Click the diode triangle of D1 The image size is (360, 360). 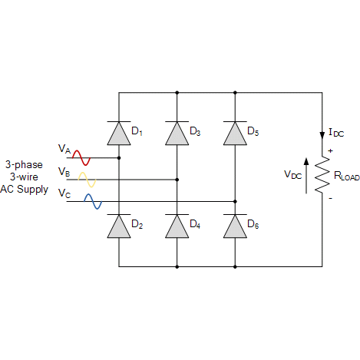coord(119,134)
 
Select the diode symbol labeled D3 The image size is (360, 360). coord(177,134)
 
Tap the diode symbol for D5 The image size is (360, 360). coord(235,134)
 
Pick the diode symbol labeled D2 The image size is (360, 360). coord(119,226)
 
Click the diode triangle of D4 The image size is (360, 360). coord(177,226)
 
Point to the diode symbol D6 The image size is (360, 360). coord(235,226)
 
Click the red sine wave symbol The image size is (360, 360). coord(81,158)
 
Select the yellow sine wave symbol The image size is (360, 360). coord(87,180)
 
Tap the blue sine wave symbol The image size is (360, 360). coord(93,201)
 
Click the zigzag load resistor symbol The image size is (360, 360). coord(322,174)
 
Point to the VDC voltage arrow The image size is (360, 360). coord(306,176)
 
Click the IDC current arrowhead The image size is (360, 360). coord(322,135)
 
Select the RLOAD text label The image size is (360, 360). coord(347,176)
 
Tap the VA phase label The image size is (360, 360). coord(64,149)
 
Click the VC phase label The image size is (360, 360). coord(64,193)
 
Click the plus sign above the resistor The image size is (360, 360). coord(330,150)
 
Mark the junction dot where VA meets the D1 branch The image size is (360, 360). coord(119,158)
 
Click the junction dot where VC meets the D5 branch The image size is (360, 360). coord(235,201)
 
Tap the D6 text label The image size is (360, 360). coord(253,224)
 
